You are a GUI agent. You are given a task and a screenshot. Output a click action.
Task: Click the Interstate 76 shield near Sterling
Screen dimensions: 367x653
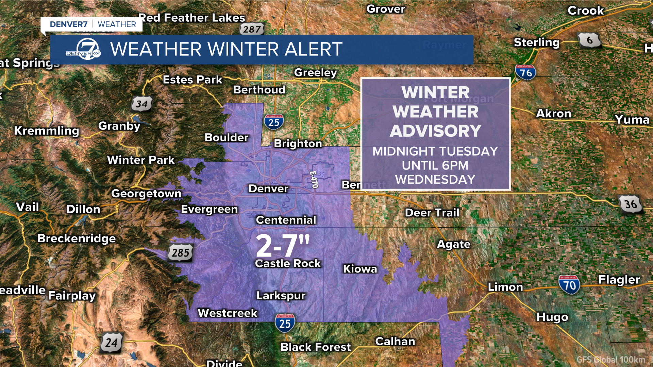point(525,72)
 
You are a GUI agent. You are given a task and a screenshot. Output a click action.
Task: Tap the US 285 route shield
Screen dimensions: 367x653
point(181,252)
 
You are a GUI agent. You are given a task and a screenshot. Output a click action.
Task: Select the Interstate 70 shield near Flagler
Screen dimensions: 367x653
point(569,285)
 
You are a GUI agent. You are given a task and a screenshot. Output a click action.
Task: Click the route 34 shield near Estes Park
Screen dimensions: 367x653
point(141,104)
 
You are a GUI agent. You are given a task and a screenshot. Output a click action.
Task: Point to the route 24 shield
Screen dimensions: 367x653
point(111,343)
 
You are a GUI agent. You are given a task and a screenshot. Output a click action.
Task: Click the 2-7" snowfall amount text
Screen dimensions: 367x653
point(283,246)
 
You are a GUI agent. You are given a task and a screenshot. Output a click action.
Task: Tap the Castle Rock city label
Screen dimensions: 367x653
point(288,263)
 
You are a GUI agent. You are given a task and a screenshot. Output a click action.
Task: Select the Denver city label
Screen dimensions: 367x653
point(268,189)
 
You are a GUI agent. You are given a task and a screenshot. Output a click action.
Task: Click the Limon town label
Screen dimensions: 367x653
point(505,287)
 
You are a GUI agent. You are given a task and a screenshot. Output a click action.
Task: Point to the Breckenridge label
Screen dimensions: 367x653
point(77,238)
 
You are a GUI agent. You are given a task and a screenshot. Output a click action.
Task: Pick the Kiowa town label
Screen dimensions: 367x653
point(360,269)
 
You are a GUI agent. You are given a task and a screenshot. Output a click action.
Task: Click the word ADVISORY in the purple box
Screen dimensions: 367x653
point(435,131)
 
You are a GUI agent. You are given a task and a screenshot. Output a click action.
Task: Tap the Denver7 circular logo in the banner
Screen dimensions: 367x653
point(87,50)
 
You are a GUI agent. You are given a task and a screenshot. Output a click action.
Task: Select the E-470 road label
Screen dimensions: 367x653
point(314,179)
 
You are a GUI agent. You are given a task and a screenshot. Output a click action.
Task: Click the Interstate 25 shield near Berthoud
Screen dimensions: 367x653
point(273,122)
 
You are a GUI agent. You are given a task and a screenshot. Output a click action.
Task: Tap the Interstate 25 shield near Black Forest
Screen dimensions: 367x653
point(285,323)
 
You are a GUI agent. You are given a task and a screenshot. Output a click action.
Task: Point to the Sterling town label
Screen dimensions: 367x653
point(536,42)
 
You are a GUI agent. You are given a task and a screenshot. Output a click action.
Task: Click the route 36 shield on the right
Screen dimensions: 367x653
point(631,204)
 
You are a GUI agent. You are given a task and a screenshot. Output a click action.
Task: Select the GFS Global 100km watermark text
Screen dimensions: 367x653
point(610,360)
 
